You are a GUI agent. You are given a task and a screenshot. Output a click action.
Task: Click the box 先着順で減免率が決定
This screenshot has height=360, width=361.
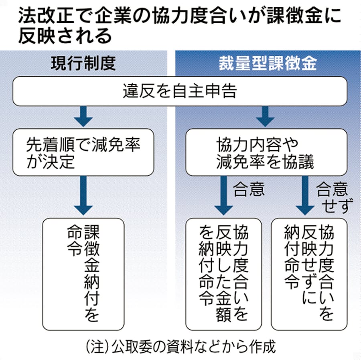83,152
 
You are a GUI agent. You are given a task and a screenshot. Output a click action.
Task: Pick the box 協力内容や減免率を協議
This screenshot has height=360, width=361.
265,152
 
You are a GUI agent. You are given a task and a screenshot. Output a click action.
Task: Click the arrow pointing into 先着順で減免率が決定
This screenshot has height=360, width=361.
83,116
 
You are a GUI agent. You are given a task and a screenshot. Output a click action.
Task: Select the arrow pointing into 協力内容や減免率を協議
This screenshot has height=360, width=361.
265,116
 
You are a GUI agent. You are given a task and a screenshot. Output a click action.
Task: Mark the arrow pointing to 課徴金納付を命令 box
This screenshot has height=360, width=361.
83,196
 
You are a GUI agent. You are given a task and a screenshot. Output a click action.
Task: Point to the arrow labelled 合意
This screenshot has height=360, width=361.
223,196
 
